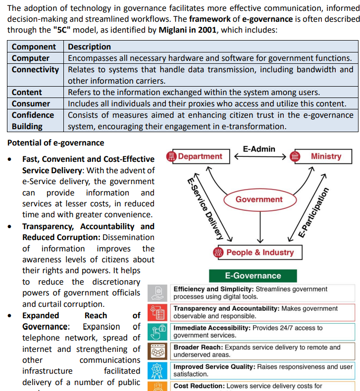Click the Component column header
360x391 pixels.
[34, 47]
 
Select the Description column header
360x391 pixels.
[89, 47]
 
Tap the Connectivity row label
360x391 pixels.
[35, 69]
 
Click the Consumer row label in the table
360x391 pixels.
[31, 103]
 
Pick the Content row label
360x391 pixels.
[27, 92]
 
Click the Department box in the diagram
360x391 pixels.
[198, 156]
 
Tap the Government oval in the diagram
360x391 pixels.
[259, 199]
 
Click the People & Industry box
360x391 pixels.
[254, 252]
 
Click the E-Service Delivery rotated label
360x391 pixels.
[205, 208]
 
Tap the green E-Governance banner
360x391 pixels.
[253, 276]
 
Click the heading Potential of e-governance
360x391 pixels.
[56, 143]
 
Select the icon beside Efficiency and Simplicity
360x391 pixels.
[158, 293]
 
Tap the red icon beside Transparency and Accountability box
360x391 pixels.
[158, 312]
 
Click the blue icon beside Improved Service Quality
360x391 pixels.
[158, 370]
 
